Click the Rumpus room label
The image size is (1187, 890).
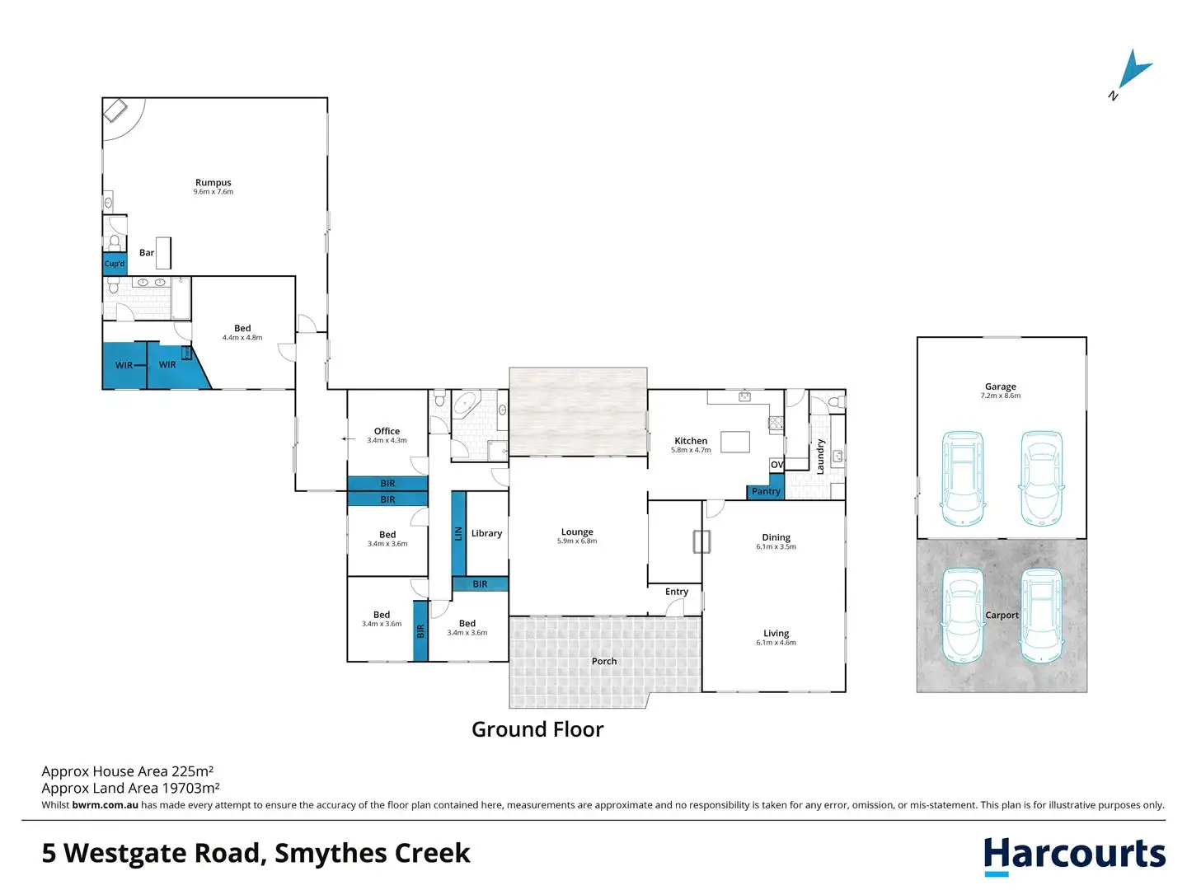tap(213, 183)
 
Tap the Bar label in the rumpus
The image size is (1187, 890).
tap(147, 252)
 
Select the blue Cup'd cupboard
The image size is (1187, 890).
tap(115, 264)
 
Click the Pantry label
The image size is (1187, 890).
tap(765, 491)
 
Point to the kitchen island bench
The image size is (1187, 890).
tap(735, 442)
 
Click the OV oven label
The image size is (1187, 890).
tap(776, 465)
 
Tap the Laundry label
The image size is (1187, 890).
tap(820, 457)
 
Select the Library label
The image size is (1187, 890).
tap(486, 533)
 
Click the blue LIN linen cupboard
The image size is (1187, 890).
tap(458, 533)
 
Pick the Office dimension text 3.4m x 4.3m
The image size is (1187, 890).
tap(387, 440)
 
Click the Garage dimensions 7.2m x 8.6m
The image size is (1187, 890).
tap(1001, 396)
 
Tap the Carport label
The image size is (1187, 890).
tap(1002, 615)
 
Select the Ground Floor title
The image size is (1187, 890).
tap(537, 729)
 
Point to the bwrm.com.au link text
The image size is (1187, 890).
tap(105, 804)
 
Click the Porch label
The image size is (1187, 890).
tap(603, 661)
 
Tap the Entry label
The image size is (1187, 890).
tap(677, 592)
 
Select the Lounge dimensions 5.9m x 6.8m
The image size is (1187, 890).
tap(577, 541)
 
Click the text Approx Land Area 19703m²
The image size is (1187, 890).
tap(131, 788)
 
